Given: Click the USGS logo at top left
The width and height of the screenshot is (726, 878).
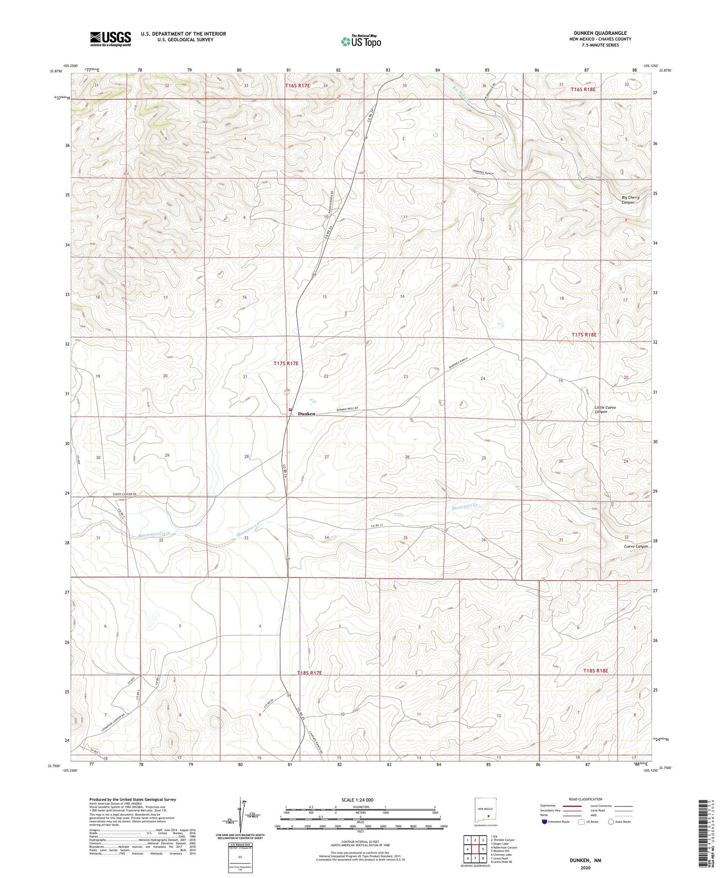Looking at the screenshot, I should coord(110,39).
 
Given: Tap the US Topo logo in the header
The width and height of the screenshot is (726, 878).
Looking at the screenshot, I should coord(361,42).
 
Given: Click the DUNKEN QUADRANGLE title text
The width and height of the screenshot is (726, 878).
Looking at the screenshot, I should coord(600,33).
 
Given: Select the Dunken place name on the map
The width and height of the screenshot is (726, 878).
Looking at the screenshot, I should coord(306,414).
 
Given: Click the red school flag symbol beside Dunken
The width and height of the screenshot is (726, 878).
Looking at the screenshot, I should coord(290,410).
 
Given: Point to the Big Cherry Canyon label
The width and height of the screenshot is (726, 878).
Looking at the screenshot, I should coord(631,200).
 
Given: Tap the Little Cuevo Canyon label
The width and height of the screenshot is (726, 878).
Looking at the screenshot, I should coord(605,409).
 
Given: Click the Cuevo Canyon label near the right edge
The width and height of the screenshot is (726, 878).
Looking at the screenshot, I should coord(635,546).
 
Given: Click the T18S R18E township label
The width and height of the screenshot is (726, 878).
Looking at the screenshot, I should coord(594,670).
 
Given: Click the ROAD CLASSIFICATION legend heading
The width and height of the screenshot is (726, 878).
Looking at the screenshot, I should coord(585,799).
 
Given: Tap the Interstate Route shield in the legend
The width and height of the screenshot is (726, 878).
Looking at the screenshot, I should coord(544,822).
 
